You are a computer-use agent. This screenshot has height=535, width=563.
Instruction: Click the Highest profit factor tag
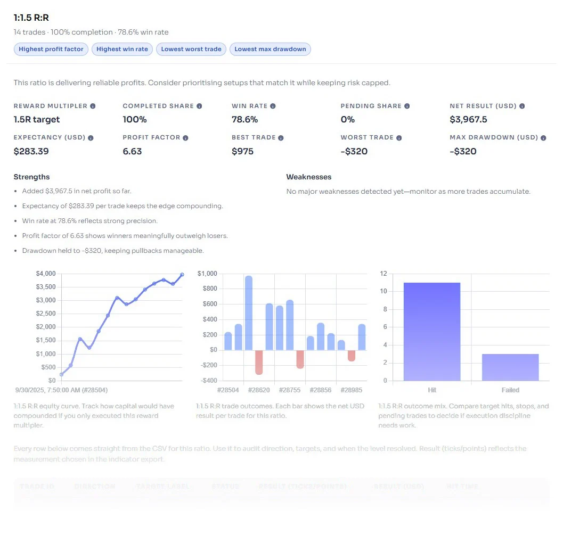tap(51, 49)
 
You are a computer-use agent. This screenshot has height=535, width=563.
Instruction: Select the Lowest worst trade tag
tap(191, 49)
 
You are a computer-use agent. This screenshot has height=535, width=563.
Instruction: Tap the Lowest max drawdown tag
tap(270, 49)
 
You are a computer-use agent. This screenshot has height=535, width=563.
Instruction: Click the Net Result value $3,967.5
tap(468, 119)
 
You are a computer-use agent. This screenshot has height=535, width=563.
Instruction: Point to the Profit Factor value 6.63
tap(132, 151)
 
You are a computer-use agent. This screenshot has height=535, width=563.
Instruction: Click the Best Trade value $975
tap(242, 151)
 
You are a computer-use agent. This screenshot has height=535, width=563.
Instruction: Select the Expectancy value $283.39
tap(31, 151)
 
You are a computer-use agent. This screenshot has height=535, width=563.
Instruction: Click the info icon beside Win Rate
tap(273, 106)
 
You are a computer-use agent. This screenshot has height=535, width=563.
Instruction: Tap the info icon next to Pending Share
tap(407, 106)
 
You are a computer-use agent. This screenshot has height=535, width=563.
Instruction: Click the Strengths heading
tap(31, 177)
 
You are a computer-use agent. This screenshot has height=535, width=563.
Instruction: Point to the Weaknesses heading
tap(308, 177)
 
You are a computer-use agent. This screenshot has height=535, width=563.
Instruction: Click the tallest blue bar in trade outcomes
tap(249, 313)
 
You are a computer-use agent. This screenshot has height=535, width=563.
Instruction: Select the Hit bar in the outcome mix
tap(431, 331)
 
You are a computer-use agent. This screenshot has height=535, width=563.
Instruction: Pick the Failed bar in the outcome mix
tap(510, 367)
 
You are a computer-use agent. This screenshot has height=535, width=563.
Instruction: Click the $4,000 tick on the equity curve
tap(45, 274)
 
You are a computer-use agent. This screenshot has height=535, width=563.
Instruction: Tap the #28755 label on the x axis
tap(290, 390)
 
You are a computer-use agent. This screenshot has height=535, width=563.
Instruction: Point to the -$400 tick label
tap(207, 381)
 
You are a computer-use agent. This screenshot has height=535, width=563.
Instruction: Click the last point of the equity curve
tap(182, 275)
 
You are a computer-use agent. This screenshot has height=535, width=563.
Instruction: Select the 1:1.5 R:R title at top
tap(31, 18)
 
